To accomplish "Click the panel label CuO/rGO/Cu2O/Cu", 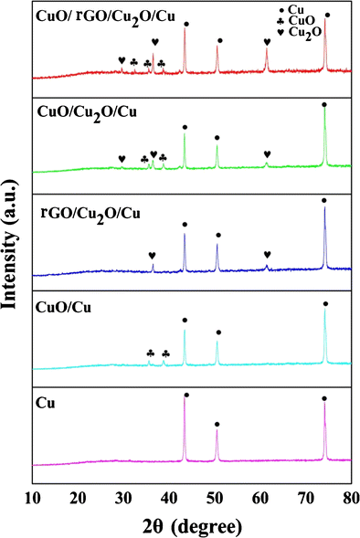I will point(95,17).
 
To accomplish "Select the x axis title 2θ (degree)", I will point(190,525).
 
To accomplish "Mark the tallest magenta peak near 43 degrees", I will point(185,402).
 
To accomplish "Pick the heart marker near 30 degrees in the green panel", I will point(122,159).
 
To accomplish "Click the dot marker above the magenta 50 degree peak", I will point(217,424).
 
